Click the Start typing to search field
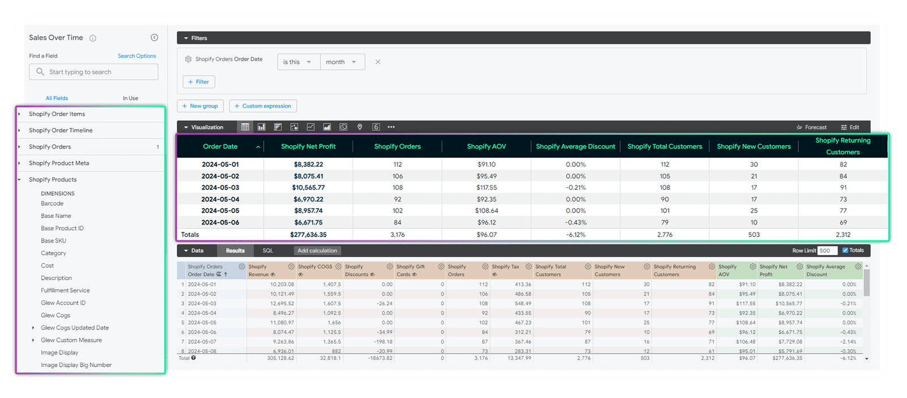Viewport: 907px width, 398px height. click(94, 72)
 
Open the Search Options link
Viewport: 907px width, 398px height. click(137, 56)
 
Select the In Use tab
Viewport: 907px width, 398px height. click(130, 98)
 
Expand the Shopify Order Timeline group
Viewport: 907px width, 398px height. click(61, 130)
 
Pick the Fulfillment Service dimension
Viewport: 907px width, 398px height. click(65, 290)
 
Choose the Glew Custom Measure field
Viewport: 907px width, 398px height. click(71, 340)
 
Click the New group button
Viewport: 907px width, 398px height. click(200, 106)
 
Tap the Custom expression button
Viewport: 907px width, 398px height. click(263, 106)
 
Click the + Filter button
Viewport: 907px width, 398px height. click(198, 82)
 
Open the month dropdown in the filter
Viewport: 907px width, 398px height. click(342, 62)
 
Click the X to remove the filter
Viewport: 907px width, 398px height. click(378, 62)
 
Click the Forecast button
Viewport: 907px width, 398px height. click(812, 128)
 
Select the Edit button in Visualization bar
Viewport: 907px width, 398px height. click(850, 128)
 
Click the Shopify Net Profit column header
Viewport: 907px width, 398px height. click(308, 146)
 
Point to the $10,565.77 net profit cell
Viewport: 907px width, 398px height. click(308, 188)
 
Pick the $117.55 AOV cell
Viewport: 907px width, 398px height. click(486, 188)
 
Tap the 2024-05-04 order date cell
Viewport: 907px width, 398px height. click(221, 200)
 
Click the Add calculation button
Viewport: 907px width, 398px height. click(317, 251)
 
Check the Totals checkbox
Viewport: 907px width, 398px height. click(845, 250)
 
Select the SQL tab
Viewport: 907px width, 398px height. click(268, 251)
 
